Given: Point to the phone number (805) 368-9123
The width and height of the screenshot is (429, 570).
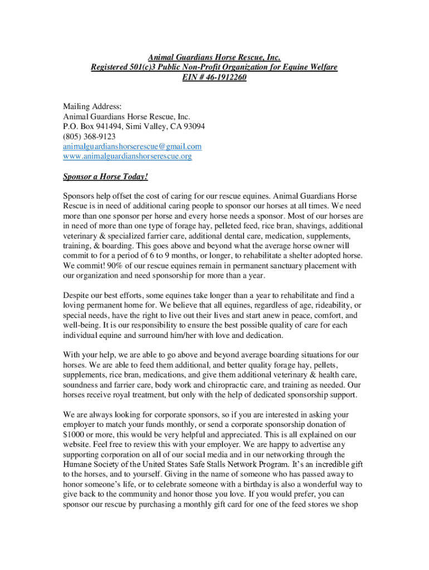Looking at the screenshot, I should point(89,136).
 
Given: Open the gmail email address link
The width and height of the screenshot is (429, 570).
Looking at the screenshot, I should point(132,146).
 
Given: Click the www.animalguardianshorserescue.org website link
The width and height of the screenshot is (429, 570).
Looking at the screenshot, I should point(127,156).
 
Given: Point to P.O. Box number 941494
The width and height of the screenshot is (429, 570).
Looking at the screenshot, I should point(108,126).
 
